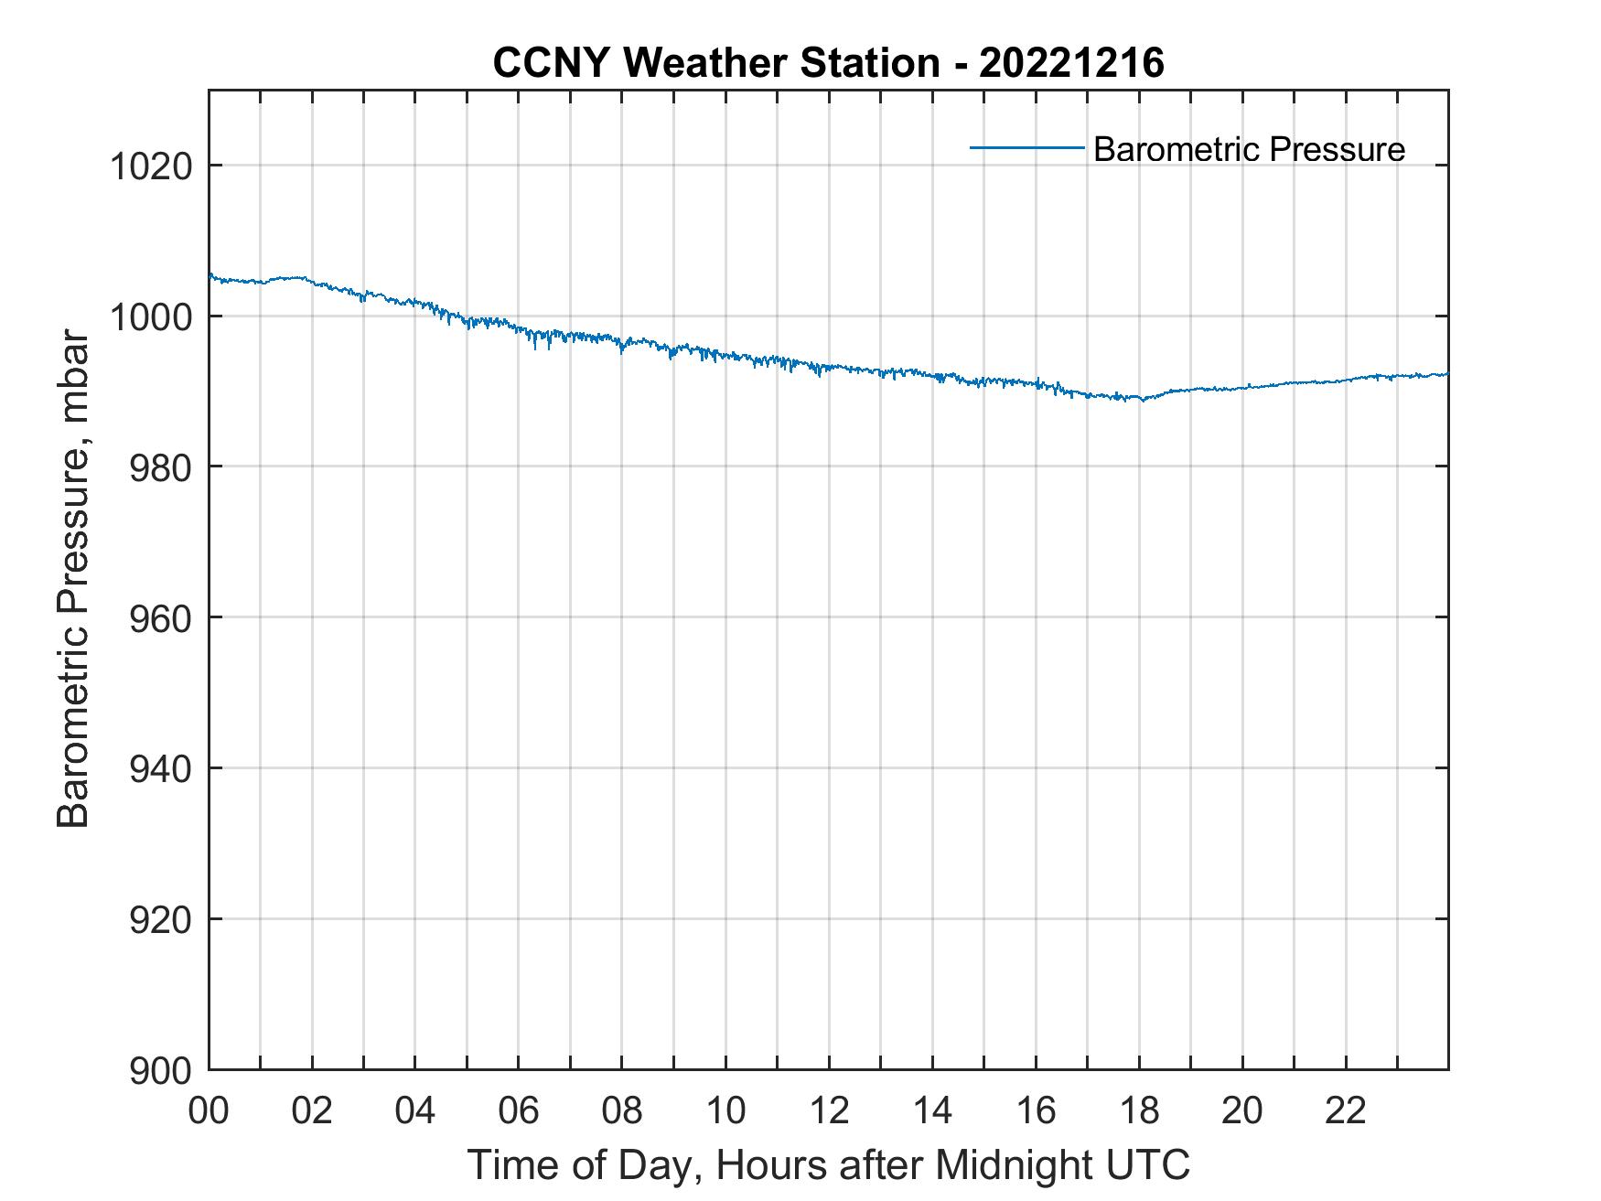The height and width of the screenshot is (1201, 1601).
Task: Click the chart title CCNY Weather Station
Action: tap(715, 63)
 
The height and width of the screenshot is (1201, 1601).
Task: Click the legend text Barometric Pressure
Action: tap(1249, 149)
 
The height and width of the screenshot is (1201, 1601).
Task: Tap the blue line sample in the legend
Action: tap(1026, 147)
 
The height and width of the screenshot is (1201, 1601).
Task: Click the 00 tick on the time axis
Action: tap(209, 1110)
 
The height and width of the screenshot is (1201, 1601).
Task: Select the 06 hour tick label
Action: tap(519, 1110)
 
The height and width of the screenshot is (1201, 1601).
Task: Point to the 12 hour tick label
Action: tap(829, 1110)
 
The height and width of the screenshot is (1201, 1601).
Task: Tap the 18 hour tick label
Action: tap(1139, 1110)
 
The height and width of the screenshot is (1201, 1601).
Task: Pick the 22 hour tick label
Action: tap(1346, 1110)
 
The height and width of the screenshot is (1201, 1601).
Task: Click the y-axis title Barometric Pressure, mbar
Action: tap(73, 579)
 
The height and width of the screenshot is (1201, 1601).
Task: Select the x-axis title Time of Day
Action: tap(829, 1164)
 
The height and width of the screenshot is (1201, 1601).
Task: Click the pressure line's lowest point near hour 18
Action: tap(1141, 400)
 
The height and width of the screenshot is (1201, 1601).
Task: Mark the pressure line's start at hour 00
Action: tap(210, 274)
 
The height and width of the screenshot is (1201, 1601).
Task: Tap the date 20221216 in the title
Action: tap(1071, 63)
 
